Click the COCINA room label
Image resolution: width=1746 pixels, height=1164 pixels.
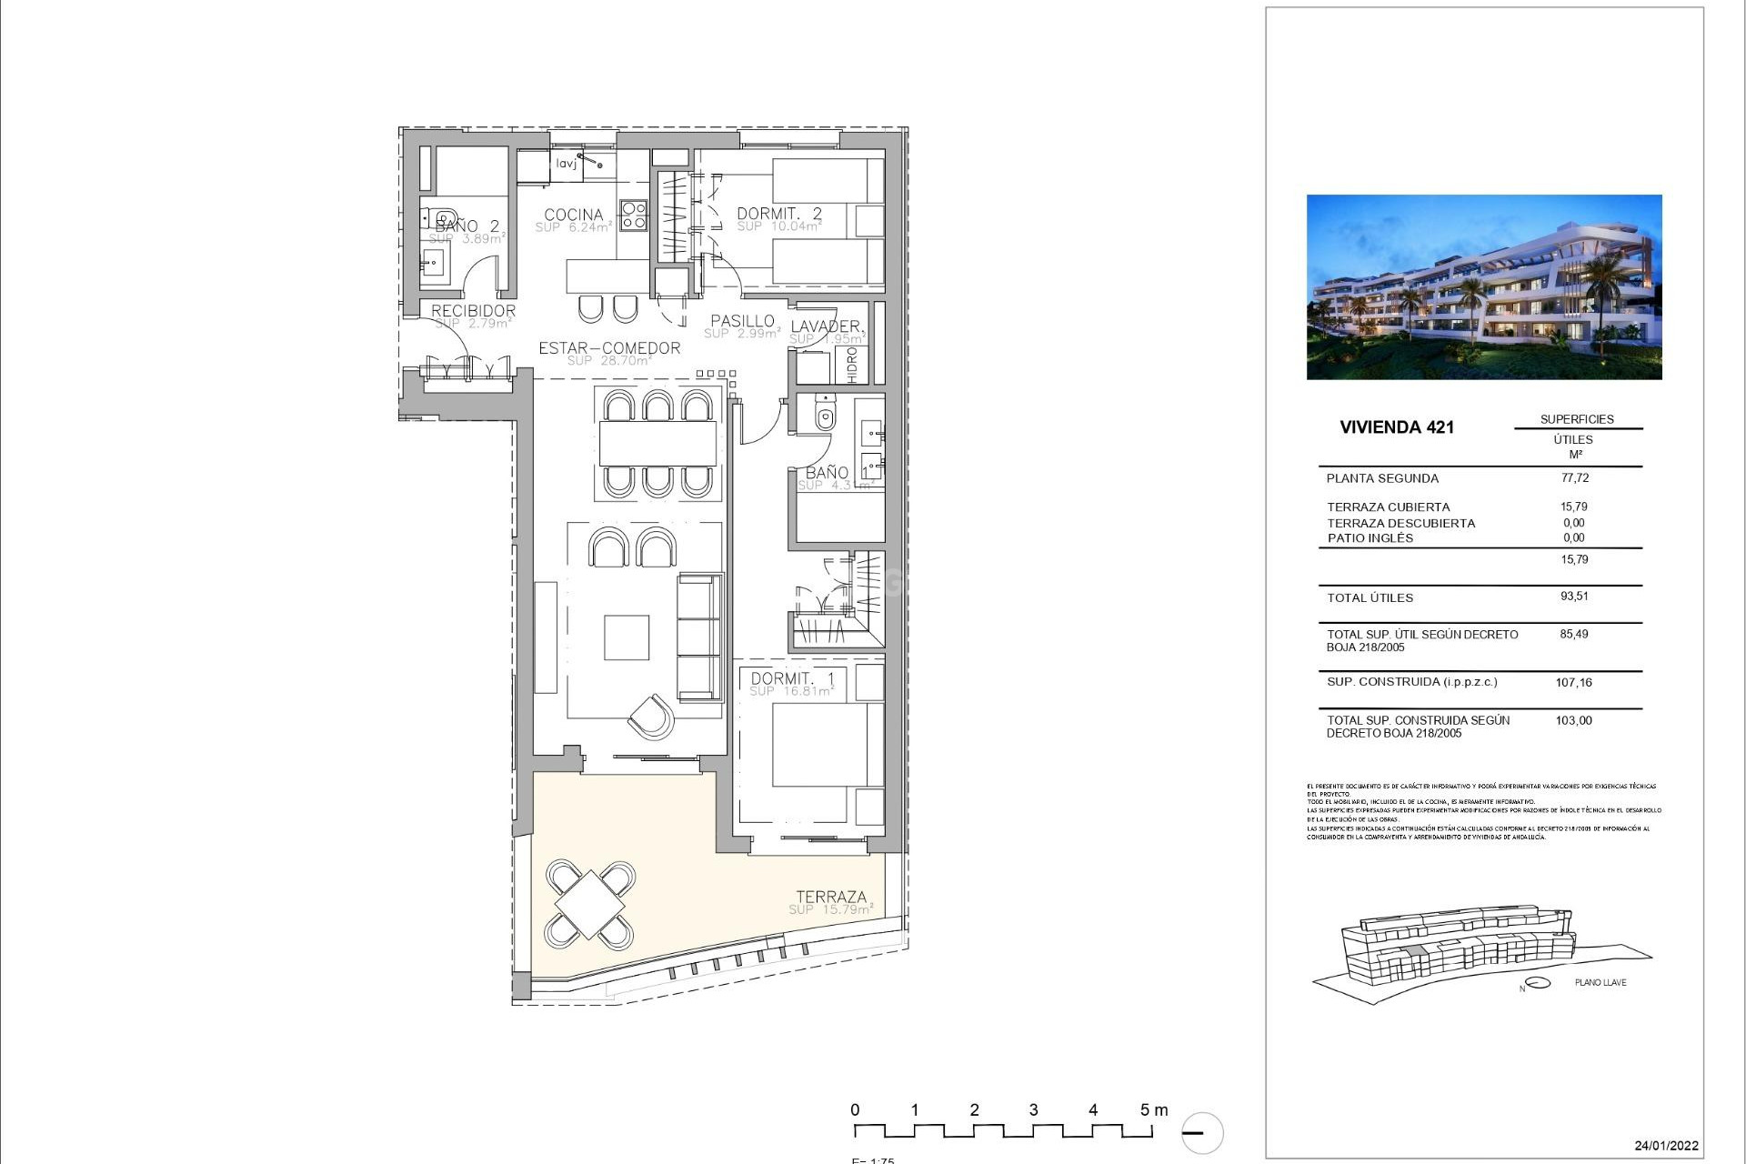[x=573, y=216]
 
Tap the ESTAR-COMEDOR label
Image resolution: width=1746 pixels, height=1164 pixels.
[x=609, y=348]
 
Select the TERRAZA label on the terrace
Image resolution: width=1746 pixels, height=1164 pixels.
[x=831, y=897]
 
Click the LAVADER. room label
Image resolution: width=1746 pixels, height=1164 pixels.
[x=827, y=326]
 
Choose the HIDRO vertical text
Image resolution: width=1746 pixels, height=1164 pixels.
[x=852, y=365]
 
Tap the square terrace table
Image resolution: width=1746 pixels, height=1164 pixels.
[x=590, y=904]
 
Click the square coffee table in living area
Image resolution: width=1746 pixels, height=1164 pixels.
[x=627, y=637]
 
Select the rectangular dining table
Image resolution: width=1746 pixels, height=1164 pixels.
[x=658, y=444]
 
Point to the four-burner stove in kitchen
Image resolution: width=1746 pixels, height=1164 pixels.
[x=633, y=215]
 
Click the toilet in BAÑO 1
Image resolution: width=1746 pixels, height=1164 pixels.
[x=825, y=416]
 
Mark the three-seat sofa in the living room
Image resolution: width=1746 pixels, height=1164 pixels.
[x=699, y=637]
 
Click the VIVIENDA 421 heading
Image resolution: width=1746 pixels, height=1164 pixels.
[x=1396, y=427]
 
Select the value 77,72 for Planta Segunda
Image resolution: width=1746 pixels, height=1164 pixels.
[x=1574, y=477]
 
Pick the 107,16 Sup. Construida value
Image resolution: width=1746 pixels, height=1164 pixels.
[x=1573, y=682]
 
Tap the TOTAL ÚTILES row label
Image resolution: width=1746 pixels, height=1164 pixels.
[x=1370, y=597]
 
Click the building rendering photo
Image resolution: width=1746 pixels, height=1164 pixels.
[x=1483, y=286]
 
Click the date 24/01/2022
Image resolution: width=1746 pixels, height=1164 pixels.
[x=1666, y=1146]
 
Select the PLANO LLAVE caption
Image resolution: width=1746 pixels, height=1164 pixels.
[x=1600, y=982]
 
